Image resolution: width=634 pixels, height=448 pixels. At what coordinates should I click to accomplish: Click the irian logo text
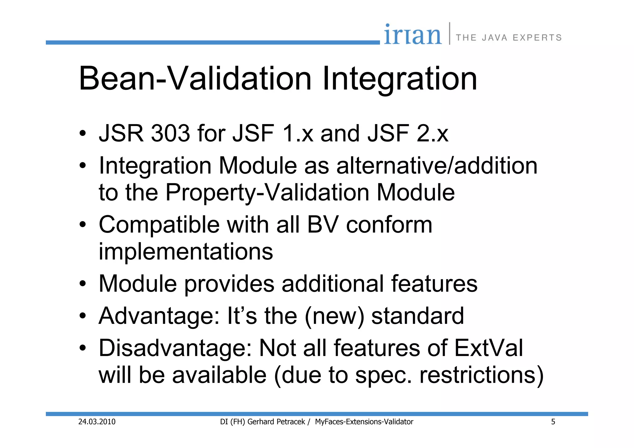click(x=413, y=35)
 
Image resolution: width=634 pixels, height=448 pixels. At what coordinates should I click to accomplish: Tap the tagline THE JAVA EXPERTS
click(x=509, y=38)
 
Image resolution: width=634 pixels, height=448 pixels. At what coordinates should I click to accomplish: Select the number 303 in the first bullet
click(x=170, y=133)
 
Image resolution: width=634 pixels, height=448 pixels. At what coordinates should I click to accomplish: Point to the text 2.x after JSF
click(x=432, y=133)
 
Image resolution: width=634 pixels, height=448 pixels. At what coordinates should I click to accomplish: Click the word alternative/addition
click(x=436, y=166)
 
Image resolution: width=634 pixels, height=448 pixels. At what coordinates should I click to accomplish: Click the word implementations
click(x=186, y=251)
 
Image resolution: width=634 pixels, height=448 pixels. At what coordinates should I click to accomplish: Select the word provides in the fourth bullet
click(x=229, y=284)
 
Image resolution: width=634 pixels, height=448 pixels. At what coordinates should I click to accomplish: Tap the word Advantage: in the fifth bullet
click(x=159, y=316)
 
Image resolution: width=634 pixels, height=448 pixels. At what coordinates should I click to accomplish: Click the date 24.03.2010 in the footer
click(x=97, y=422)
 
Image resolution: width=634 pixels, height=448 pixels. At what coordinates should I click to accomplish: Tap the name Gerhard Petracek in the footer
click(x=276, y=422)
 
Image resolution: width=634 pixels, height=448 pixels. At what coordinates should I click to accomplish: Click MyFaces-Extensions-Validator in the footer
click(x=364, y=422)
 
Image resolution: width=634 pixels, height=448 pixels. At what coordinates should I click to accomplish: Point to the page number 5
click(x=553, y=422)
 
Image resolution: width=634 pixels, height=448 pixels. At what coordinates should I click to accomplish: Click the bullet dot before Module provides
click(x=82, y=284)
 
